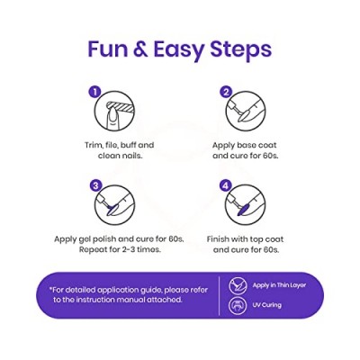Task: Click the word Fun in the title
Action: pos(106,49)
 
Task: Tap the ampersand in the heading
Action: pos(139,49)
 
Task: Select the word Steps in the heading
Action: pos(241,51)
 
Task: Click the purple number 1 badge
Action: pos(94,92)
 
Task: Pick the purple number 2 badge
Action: pos(226,92)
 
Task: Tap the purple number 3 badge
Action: pos(94,186)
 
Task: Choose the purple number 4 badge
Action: pos(226,186)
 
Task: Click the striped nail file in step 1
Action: pos(120,106)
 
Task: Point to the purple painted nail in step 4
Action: pos(242,209)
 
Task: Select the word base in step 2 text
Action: pos(247,145)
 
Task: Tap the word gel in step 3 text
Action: pos(87,240)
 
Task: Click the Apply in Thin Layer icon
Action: pos(237,285)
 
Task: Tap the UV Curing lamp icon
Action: pos(237,305)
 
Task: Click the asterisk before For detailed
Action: pos(51,289)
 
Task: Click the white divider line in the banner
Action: pos(220,295)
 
